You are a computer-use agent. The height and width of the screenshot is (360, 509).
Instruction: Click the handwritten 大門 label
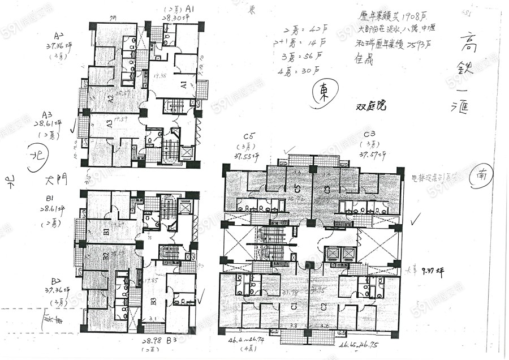point(57,181)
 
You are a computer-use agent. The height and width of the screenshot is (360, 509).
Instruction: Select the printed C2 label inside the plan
point(323,307)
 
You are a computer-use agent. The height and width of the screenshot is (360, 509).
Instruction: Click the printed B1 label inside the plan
point(106,230)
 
